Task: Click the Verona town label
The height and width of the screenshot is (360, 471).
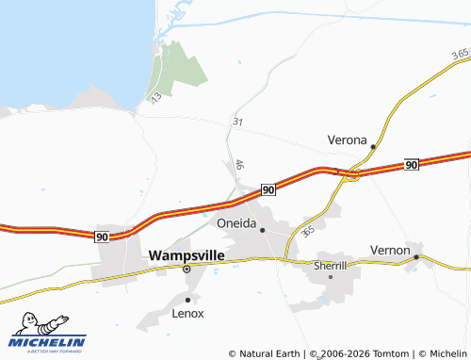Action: (347, 139)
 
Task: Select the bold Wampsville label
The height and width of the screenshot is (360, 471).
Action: (187, 254)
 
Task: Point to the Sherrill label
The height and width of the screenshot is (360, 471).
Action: (331, 267)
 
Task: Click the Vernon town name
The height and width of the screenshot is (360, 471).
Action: (390, 251)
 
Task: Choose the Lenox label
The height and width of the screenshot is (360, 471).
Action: (187, 313)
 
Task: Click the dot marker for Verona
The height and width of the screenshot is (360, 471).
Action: (373, 147)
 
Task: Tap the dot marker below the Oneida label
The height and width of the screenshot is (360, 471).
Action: (263, 230)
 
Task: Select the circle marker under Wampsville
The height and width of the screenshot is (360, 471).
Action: (187, 269)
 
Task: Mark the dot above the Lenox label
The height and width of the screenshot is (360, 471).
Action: (187, 299)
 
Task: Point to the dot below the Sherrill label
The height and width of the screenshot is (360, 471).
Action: (331, 277)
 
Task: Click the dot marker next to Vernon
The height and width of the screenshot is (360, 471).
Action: (416, 255)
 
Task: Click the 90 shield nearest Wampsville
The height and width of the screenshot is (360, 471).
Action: (102, 237)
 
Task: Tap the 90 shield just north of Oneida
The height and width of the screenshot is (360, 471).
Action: (268, 189)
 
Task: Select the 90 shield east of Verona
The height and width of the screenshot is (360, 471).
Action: (412, 165)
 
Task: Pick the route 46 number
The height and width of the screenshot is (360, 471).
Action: (240, 164)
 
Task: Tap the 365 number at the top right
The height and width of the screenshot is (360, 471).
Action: (460, 53)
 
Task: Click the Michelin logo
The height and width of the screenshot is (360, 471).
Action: (48, 335)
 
